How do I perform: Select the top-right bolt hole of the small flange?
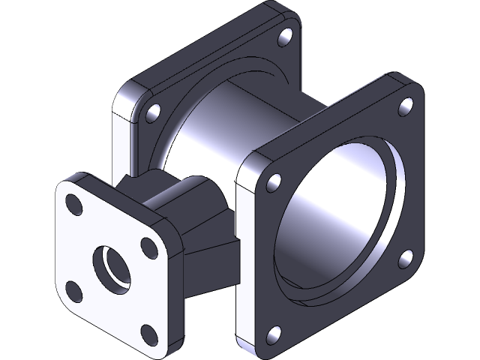147,245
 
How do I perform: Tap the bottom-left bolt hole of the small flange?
73,288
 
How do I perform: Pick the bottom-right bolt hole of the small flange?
148,332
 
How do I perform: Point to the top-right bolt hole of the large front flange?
406,108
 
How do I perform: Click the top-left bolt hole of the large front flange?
274,181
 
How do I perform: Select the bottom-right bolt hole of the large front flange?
406,259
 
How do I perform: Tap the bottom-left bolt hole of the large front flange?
275,332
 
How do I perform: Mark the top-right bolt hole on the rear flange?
285,36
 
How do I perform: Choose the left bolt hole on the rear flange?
153,112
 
